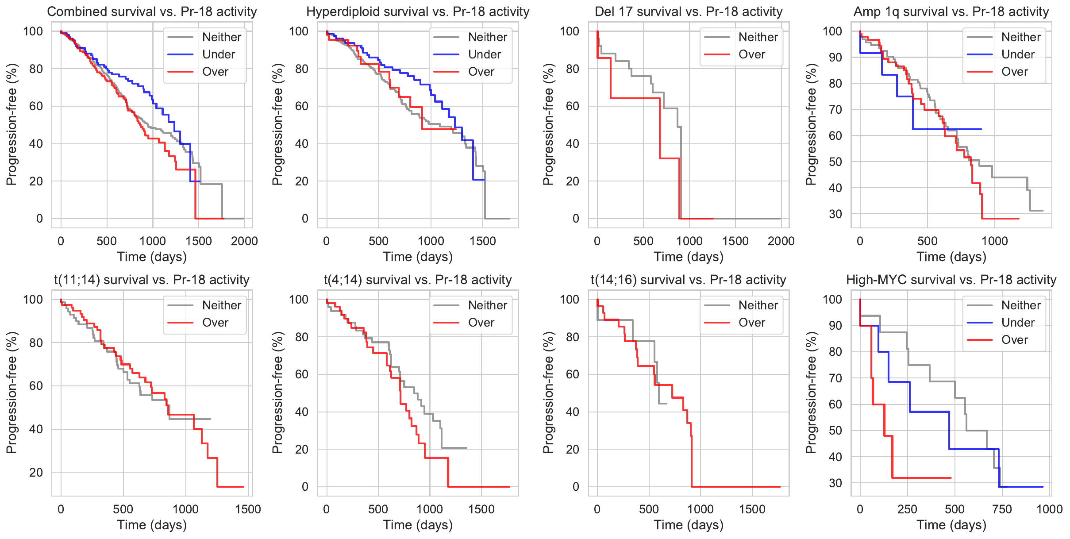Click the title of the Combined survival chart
(152, 12)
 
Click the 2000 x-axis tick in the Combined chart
(244, 241)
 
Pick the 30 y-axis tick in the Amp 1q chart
(835, 214)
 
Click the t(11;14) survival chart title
(152, 280)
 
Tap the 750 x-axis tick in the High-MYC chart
(1002, 509)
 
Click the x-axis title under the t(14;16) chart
(689, 525)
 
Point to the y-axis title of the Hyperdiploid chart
(277, 124)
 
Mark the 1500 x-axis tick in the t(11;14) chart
(248, 509)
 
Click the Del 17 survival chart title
(689, 12)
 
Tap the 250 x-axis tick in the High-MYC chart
(907, 509)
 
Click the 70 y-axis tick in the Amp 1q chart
(835, 110)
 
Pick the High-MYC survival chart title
(951, 280)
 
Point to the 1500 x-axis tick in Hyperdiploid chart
(483, 241)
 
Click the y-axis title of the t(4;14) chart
(277, 393)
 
